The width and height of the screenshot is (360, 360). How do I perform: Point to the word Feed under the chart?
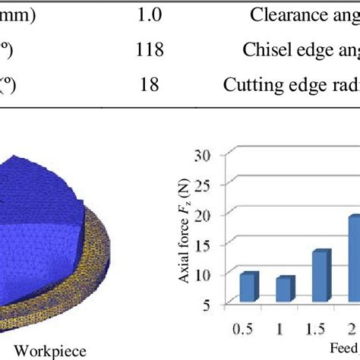click(x=346, y=350)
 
